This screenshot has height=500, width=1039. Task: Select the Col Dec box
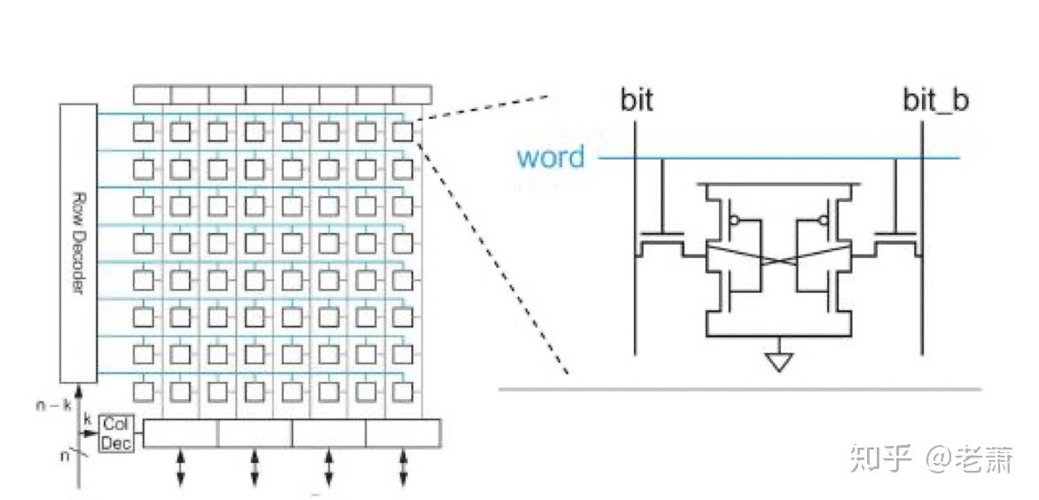point(116,433)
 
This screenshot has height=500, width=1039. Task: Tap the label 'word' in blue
point(551,158)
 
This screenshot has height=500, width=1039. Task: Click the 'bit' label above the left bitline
point(636,100)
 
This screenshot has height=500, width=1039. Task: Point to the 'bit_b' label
point(935,100)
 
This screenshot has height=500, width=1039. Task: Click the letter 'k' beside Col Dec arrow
point(87,418)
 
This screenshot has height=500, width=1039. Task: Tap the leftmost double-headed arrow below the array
point(181,466)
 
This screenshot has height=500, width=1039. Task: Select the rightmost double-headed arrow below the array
point(403,466)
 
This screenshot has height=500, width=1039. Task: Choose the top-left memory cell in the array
point(144,132)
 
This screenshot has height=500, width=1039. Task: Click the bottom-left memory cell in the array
point(144,390)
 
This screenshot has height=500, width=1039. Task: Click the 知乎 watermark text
point(880,458)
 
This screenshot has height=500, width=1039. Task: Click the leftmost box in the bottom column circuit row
point(181,433)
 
